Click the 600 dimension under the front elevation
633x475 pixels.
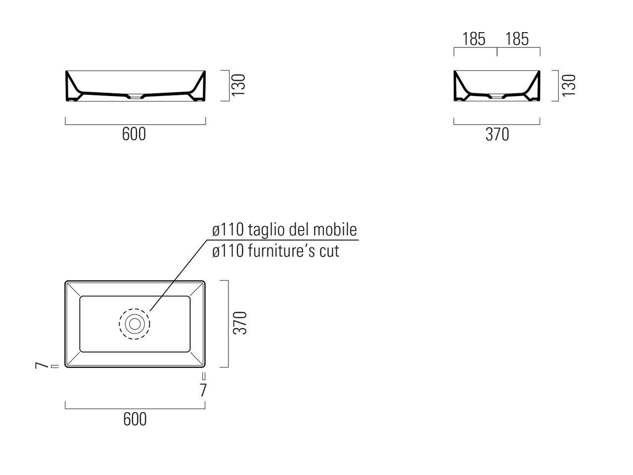(134, 134)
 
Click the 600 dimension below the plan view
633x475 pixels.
(135, 419)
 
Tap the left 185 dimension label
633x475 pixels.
(474, 39)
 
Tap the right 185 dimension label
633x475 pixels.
(517, 39)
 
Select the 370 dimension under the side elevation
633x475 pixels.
(497, 135)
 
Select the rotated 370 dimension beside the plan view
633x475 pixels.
(240, 323)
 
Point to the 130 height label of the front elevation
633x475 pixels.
(238, 85)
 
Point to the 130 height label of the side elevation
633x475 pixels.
(569, 85)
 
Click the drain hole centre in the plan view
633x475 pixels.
(135, 324)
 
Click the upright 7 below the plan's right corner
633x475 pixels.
(203, 390)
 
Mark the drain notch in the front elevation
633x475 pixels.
(136, 97)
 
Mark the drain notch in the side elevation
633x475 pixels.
(497, 97)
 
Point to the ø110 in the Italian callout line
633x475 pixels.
(228, 230)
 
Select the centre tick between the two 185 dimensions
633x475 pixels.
(497, 52)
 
